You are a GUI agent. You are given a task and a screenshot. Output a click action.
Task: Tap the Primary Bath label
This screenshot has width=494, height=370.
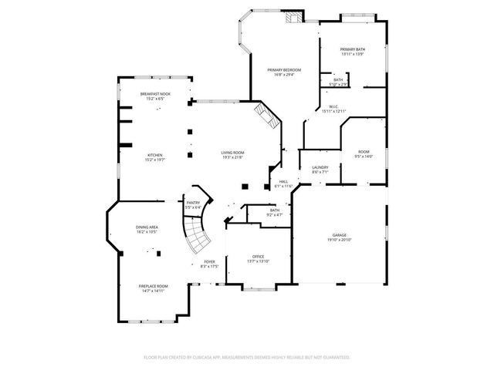pos(353,49)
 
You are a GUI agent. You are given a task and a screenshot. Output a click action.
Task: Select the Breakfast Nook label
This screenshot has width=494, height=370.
pos(155,93)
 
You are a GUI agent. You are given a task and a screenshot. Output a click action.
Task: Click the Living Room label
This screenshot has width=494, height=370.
pos(232,153)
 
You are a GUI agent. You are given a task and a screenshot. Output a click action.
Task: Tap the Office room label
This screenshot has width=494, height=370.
pos(258,256)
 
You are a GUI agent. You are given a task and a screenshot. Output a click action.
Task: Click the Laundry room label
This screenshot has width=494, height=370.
pos(320,167)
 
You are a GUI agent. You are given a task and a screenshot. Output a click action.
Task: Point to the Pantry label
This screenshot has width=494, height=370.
pos(193,202)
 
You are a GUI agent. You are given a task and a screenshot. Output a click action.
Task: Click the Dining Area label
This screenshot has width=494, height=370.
pos(147,227)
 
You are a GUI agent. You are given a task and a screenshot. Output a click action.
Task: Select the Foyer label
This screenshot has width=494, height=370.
pos(209,261)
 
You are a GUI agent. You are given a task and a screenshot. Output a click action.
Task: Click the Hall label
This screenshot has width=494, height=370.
pos(283,181)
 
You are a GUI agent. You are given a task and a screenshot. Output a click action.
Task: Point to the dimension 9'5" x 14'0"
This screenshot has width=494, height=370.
pos(363,156)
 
